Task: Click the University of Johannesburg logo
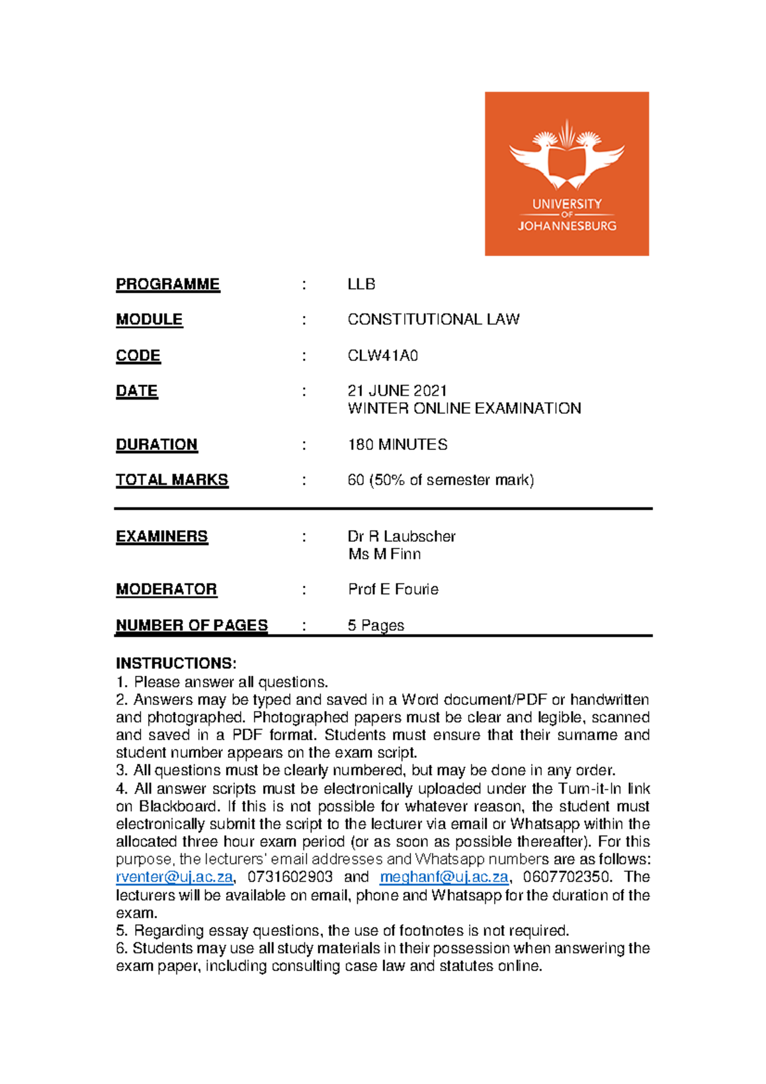[x=566, y=174]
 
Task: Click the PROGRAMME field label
[x=168, y=284]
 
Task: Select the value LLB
[x=361, y=284]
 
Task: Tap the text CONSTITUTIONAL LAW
[x=433, y=319]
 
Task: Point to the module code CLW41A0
[x=382, y=356]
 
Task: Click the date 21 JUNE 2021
[x=397, y=391]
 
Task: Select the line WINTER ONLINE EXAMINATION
[x=464, y=409]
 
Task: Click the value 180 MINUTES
[x=397, y=444]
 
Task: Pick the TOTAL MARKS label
[x=172, y=479]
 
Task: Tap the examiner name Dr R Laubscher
[x=402, y=536]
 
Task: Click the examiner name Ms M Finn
[x=384, y=554]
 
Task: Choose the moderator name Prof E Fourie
[x=393, y=589]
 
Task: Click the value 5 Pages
[x=375, y=625]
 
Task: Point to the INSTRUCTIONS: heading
[x=176, y=663]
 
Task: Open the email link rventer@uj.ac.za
[x=174, y=877]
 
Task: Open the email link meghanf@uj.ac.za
[x=444, y=877]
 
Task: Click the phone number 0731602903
[x=290, y=877]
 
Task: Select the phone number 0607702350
[x=566, y=877]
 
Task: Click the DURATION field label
[x=156, y=444]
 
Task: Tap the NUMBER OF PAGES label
[x=191, y=625]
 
